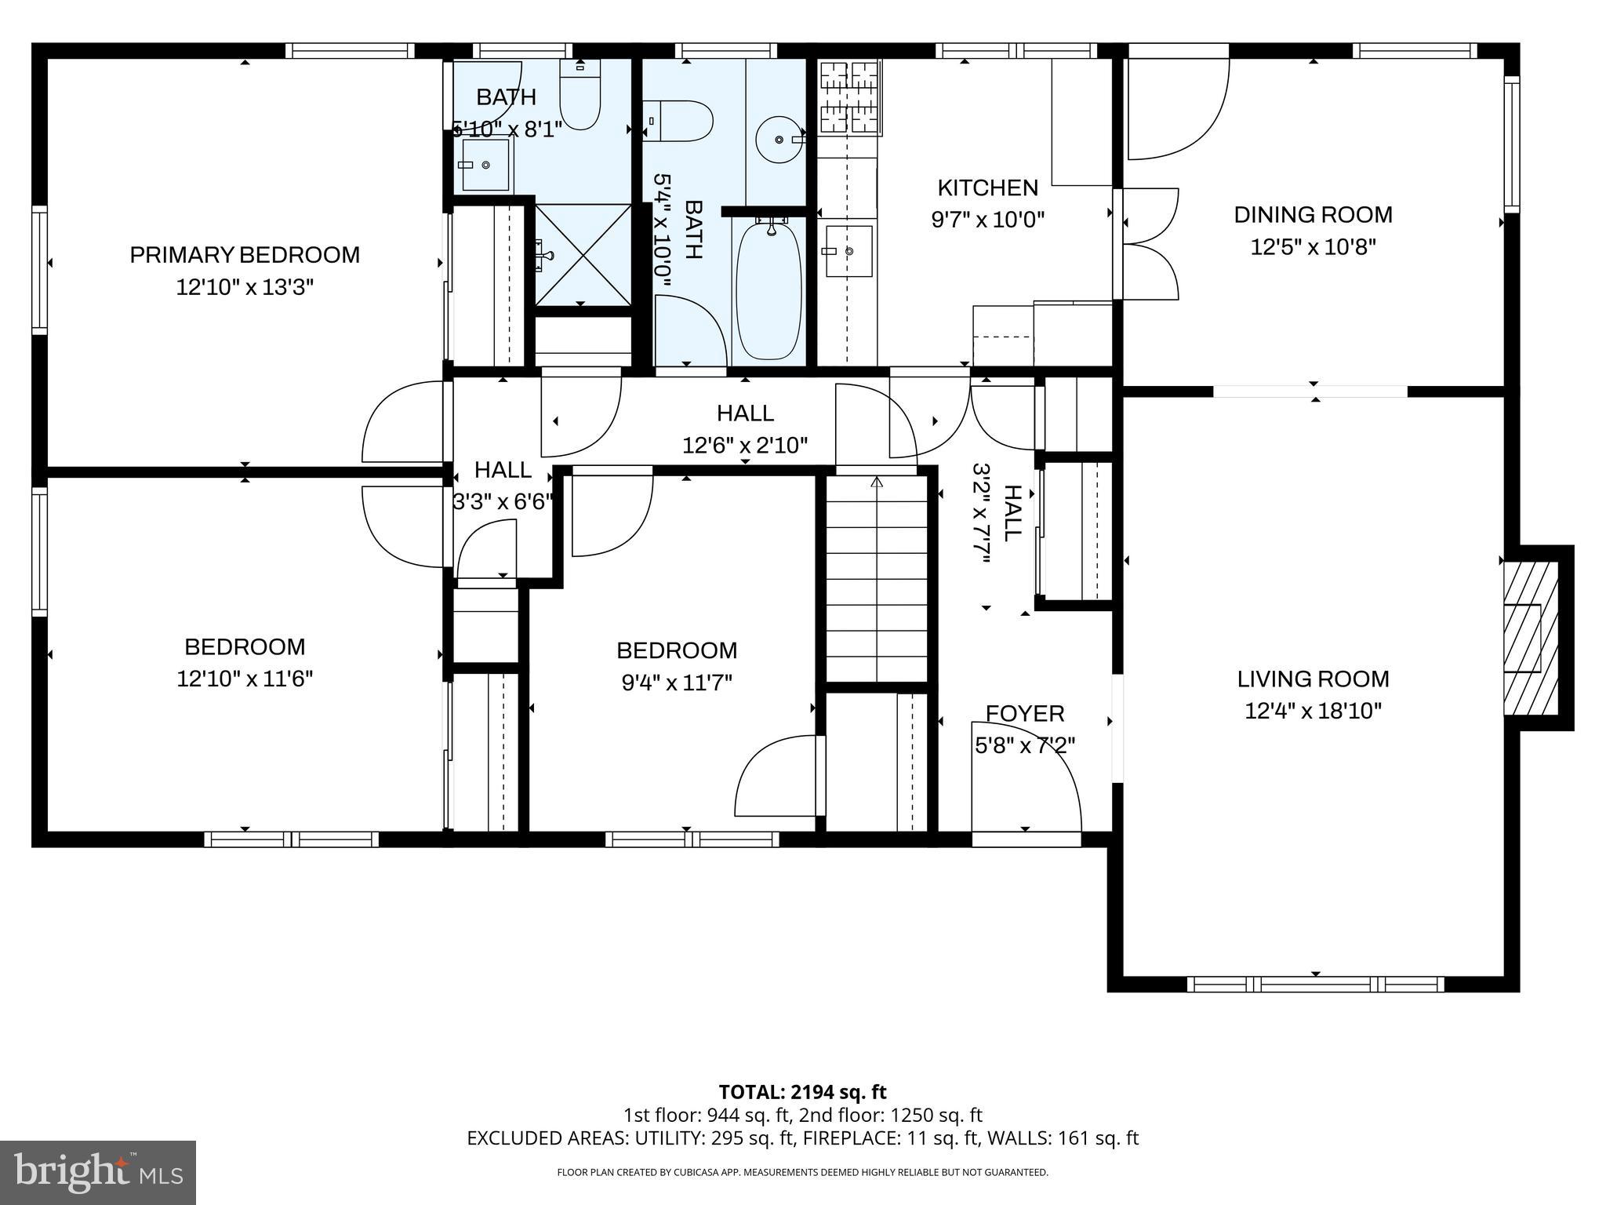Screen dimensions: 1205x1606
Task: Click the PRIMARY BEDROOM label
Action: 245,255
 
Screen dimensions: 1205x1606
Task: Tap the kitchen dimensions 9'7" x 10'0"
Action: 987,220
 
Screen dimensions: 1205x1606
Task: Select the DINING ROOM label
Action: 1313,215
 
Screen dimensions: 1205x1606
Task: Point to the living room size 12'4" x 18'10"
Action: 1313,711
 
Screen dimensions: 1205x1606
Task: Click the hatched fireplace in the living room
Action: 1529,637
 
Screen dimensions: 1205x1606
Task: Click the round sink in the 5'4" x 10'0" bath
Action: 778,140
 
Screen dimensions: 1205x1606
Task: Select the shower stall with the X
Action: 582,254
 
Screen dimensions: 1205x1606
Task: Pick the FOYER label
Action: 1024,713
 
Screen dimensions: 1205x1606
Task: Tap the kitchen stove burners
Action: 850,97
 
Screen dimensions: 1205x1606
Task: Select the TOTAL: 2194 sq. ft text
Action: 802,1092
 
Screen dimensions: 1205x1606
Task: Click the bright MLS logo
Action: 98,1172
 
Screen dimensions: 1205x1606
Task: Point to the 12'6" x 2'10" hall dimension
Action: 744,446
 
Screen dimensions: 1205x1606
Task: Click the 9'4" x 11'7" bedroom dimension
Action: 677,683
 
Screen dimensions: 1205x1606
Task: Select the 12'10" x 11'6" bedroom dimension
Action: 245,679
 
